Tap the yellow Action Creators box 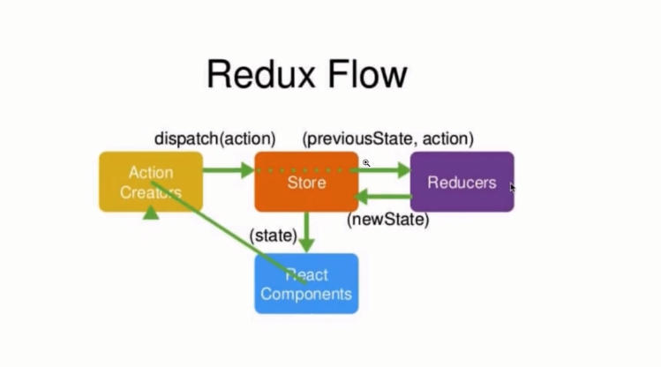[151, 182]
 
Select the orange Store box [306, 182]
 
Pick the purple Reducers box [462, 182]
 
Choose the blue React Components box [306, 284]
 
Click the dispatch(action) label [215, 139]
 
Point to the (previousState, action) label [387, 139]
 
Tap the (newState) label [387, 220]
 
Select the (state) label [273, 236]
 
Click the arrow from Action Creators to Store [229, 169]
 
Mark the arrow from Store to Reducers [385, 169]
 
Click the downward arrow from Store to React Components [306, 232]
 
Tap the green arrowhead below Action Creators [152, 212]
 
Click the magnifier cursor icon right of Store [365, 163]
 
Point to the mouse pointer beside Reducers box [513, 187]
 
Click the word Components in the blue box [306, 294]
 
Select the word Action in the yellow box [151, 172]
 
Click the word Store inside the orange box [306, 183]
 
